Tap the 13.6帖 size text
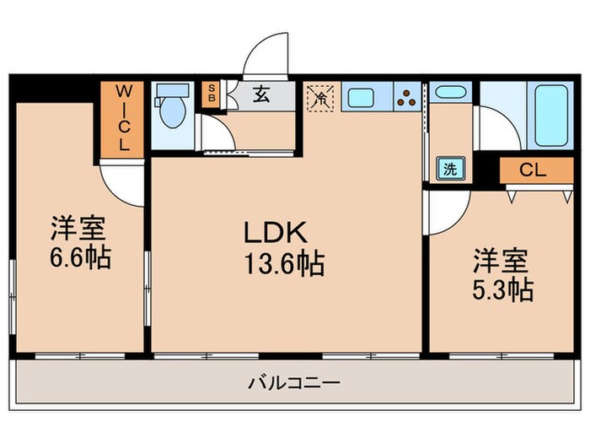(284, 265)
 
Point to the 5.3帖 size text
(501, 289)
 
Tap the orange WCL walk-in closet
(123, 118)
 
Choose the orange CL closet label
(532, 170)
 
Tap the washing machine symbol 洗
(451, 168)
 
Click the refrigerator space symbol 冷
(321, 96)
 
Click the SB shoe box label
(211, 94)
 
